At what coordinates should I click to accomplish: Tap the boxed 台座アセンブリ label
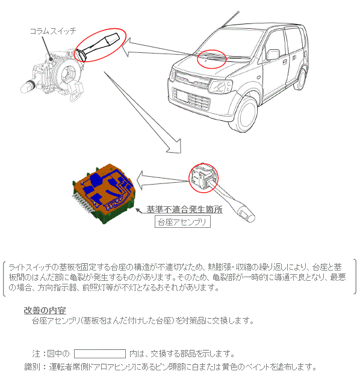pyautogui.click(x=182, y=222)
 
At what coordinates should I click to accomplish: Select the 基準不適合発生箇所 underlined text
pyautogui.click(x=184, y=210)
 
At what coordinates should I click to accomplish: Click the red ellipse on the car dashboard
pyautogui.click(x=211, y=58)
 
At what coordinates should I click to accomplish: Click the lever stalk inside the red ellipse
pyautogui.click(x=100, y=45)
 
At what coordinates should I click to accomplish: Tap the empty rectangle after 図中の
pyautogui.click(x=99, y=353)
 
